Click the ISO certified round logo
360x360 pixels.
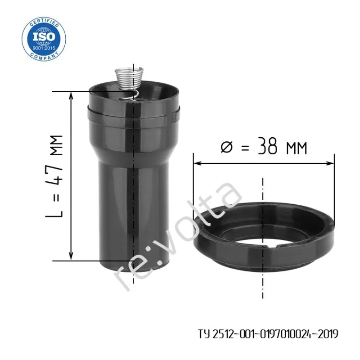tap(44, 39)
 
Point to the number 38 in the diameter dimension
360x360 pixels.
tap(267, 146)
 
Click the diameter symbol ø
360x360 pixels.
tap(226, 147)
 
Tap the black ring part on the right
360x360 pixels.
tap(264, 237)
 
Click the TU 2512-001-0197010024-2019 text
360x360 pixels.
tap(268, 334)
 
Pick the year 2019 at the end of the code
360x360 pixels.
tap(328, 334)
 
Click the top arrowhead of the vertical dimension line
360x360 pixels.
tap(71, 95)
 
